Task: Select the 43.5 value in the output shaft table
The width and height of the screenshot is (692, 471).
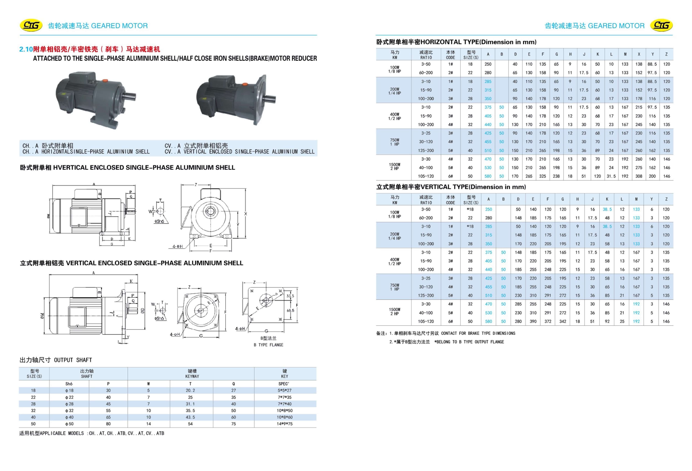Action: [190, 417]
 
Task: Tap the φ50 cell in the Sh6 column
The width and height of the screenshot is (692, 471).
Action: [69, 424]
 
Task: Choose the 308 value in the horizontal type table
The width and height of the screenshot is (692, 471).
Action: [639, 176]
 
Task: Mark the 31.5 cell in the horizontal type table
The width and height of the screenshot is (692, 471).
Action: [611, 176]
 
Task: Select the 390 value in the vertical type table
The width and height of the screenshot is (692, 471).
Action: [533, 321]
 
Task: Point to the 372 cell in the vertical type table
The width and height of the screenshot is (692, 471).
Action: [548, 321]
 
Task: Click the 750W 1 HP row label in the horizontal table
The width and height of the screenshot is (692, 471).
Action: [395, 142]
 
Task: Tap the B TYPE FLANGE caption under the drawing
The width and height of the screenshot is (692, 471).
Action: [268, 345]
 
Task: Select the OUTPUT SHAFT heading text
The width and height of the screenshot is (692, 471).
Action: [73, 360]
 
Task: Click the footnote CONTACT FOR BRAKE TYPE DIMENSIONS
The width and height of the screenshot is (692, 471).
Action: [478, 333]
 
